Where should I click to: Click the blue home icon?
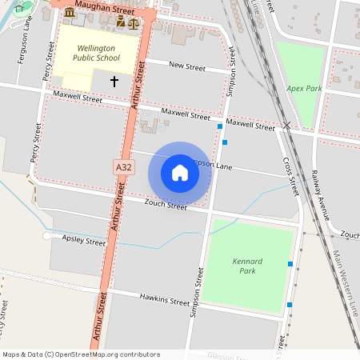180,173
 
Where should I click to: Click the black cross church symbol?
114,82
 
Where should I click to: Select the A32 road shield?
122,166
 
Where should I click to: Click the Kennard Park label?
247,266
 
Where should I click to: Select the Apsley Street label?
84,240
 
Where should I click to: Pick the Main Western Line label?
345,284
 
